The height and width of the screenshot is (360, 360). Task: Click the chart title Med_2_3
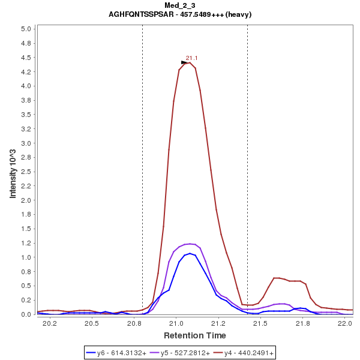click(x=180, y=5)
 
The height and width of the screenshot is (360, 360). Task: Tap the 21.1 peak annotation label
click(x=192, y=58)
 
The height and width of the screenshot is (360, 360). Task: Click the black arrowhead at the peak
click(x=185, y=62)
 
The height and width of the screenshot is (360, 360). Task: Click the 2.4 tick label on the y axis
click(x=26, y=157)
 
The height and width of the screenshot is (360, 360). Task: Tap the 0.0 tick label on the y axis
click(x=26, y=314)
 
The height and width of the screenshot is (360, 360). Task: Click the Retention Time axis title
click(x=195, y=335)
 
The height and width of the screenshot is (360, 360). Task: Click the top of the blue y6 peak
click(x=190, y=253)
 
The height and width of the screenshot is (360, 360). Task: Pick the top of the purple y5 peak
click(x=190, y=244)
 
